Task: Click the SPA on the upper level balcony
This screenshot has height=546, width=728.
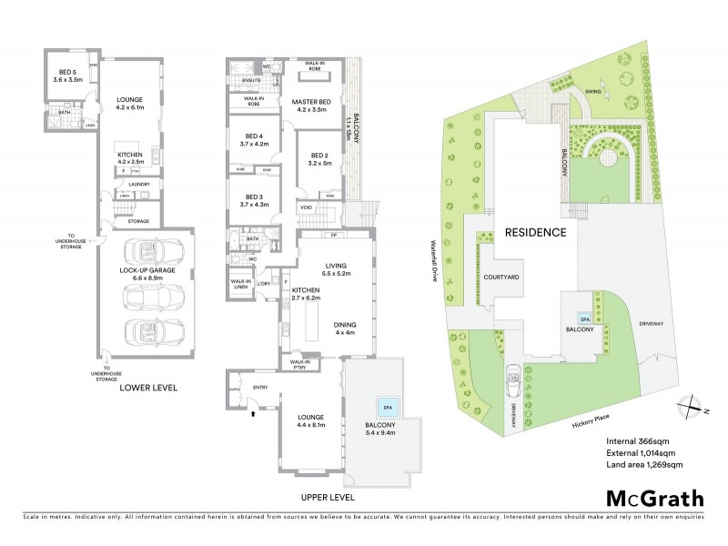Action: [x=387, y=406]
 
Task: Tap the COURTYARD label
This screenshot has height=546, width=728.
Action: [x=500, y=275]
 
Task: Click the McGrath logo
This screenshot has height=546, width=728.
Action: [x=654, y=498]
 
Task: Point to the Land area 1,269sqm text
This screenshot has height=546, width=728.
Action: [x=644, y=464]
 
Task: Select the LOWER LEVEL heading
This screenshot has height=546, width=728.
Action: [x=147, y=388]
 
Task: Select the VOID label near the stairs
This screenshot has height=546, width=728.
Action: [x=306, y=207]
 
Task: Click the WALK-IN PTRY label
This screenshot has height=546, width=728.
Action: [x=300, y=365]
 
